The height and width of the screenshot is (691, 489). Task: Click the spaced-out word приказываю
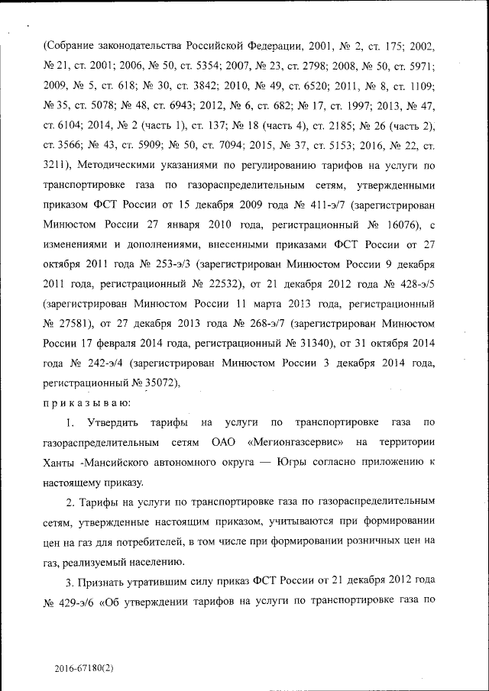86,402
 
